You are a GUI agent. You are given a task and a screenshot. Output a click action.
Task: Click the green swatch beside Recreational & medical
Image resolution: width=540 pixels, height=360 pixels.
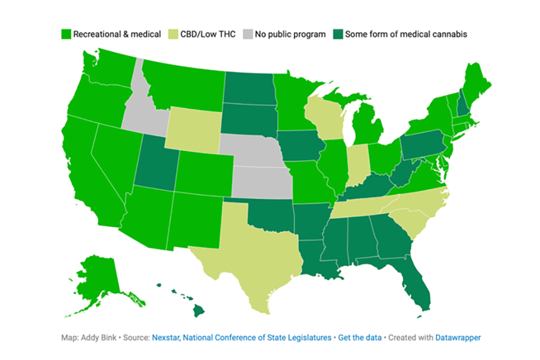click(66, 34)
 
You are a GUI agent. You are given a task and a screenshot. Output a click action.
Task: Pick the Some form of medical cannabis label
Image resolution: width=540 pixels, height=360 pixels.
click(406, 34)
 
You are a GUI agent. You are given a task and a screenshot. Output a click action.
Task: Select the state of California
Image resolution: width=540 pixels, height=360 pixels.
click(90, 169)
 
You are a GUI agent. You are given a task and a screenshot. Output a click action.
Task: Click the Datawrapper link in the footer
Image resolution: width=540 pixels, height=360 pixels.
click(457, 338)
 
